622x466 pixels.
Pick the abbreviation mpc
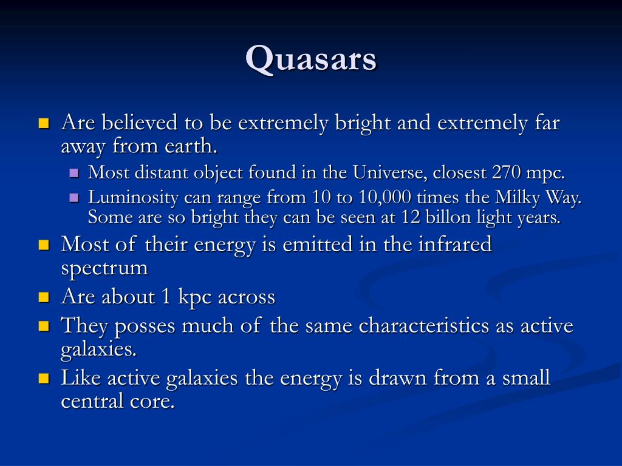(545, 174)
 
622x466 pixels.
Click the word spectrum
(104, 268)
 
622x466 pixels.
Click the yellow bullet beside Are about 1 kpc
(43, 297)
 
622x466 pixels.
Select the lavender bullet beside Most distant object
(75, 173)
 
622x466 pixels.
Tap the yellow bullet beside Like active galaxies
(43, 379)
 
